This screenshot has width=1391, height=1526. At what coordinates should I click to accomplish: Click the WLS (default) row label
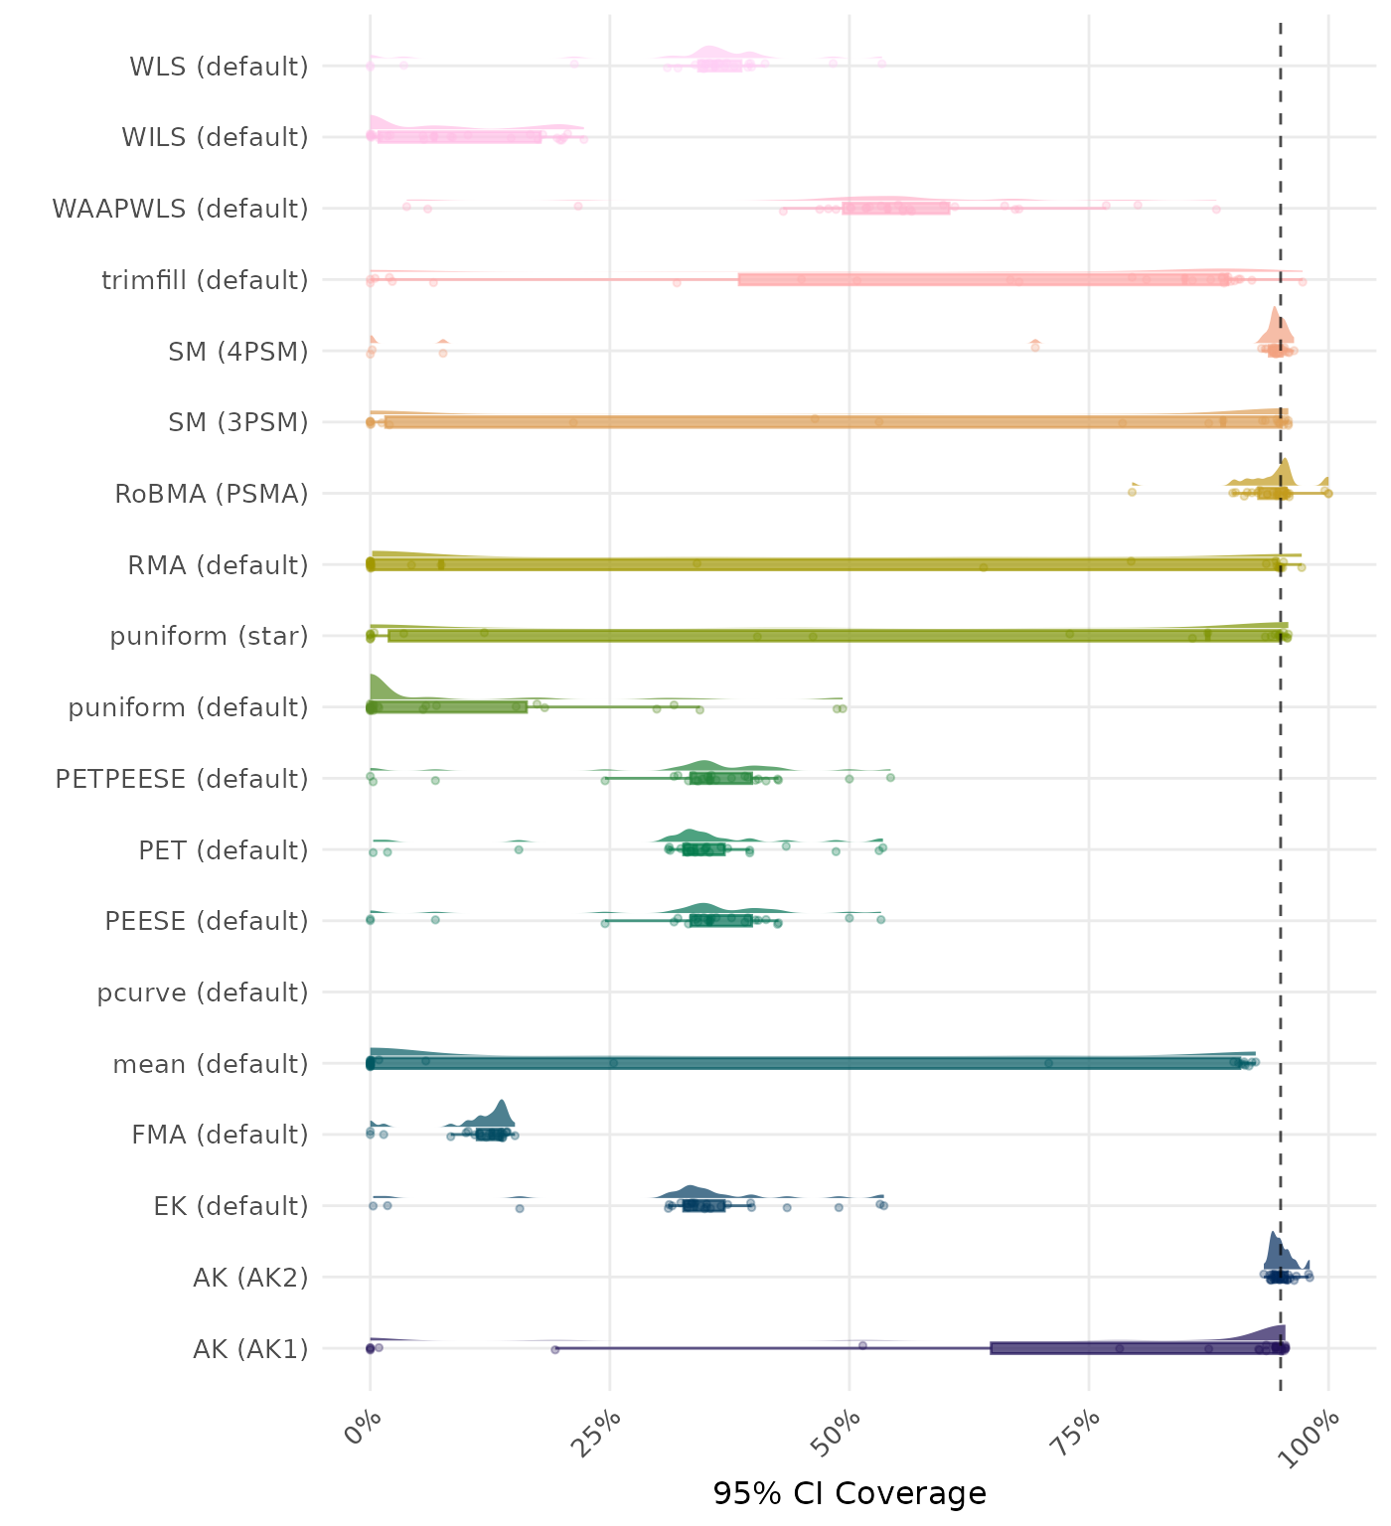pos(219,67)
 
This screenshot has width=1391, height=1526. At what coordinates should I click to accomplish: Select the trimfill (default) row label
pos(205,280)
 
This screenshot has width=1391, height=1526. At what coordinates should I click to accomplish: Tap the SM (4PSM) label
pos(238,352)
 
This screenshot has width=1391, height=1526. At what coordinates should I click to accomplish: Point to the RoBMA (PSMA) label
pos(212,494)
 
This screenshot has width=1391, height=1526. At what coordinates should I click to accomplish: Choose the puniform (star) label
pos(209,636)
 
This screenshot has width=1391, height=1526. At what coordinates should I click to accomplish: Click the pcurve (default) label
pos(203,992)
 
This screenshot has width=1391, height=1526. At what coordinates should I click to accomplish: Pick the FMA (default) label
pos(220,1135)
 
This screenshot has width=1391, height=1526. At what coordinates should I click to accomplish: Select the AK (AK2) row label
pos(250,1277)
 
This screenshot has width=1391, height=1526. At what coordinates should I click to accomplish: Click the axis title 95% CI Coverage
pos(850,1493)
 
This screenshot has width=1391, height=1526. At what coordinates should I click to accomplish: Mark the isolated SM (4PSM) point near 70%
pos(1035,346)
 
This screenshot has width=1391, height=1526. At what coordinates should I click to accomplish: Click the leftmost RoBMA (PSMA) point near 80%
pos(1132,492)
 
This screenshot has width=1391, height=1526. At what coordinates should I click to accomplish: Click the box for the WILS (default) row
pos(459,137)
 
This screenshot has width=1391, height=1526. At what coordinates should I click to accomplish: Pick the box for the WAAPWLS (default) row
pos(895,209)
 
